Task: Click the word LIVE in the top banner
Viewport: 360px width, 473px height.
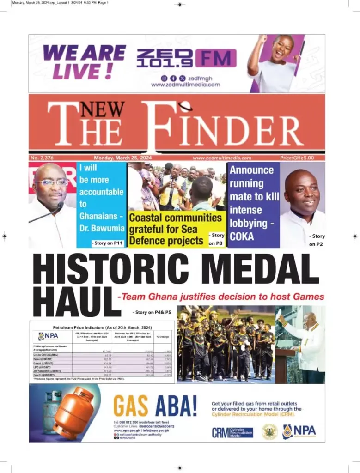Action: coord(76,71)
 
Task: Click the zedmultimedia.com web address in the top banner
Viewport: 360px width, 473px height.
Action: coord(185,85)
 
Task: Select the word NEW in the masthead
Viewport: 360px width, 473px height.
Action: coord(103,109)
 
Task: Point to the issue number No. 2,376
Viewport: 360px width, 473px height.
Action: coord(42,158)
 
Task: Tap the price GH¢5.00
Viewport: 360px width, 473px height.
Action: coord(297,158)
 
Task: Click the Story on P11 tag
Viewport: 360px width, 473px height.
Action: coord(108,243)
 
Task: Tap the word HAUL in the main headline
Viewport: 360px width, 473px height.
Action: coord(73,302)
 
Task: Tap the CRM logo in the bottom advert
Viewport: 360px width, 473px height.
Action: coord(232,433)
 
